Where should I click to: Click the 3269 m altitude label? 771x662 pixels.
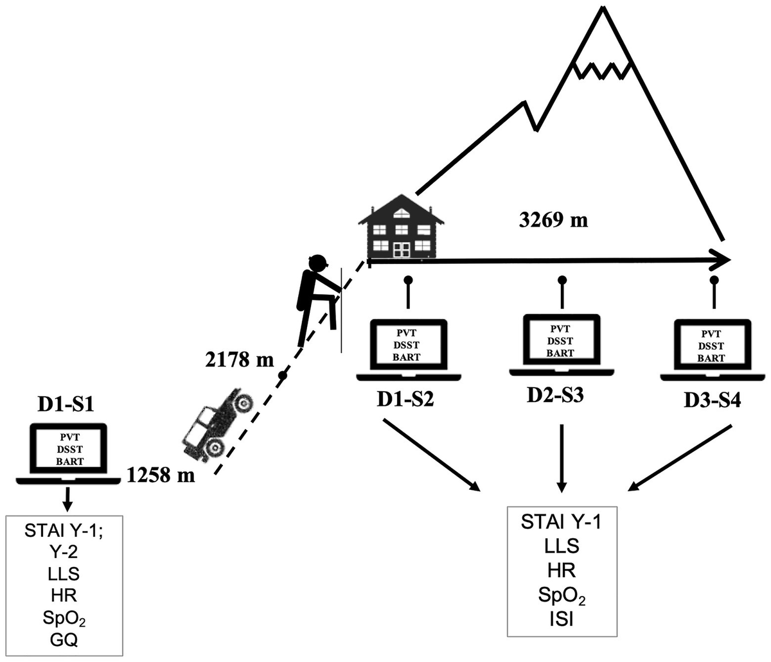click(553, 220)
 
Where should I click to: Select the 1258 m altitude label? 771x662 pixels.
click(161, 476)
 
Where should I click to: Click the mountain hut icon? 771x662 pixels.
click(402, 228)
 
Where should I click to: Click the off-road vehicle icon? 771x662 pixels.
click(217, 424)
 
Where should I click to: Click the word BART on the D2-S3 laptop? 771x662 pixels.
click(560, 353)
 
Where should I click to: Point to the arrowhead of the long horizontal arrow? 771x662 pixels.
click(723, 261)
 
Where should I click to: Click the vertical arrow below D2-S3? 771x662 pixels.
click(562, 456)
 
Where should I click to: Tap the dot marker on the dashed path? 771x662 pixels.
click(281, 375)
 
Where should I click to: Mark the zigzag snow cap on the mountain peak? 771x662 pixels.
click(603, 68)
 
